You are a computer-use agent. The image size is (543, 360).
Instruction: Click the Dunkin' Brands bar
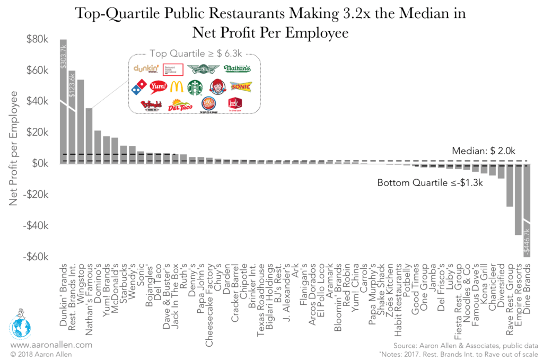[x=63, y=117]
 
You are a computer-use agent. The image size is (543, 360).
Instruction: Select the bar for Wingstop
[x=81, y=122]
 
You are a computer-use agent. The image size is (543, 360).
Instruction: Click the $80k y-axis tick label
[x=40, y=39]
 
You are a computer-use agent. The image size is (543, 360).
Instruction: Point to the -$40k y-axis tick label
[x=38, y=225]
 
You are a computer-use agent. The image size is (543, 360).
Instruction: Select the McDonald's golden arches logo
[x=177, y=87]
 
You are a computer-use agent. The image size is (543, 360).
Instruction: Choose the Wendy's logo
[x=216, y=87]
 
